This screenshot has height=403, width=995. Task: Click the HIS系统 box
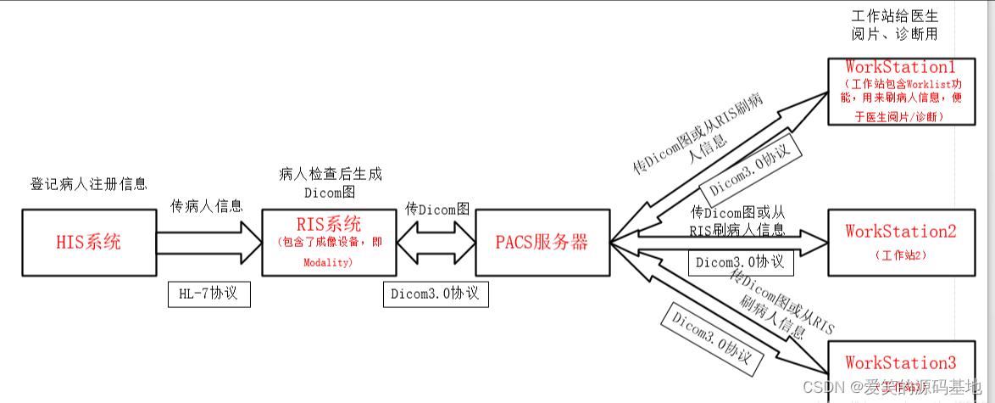coord(88,243)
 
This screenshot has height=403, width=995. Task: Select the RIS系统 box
coord(330,243)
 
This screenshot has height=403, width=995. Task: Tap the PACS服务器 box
coord(542,243)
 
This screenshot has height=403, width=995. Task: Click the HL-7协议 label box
coord(208,294)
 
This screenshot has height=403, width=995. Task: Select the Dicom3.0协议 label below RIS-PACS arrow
coord(435,294)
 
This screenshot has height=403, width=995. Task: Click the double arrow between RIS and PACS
coord(435,242)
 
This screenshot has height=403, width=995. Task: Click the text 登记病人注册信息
coord(89,183)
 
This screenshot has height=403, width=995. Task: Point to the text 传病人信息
coord(207,205)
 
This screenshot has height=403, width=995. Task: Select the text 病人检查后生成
coord(330,174)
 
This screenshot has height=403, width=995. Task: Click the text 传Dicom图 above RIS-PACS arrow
coord(436,209)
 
